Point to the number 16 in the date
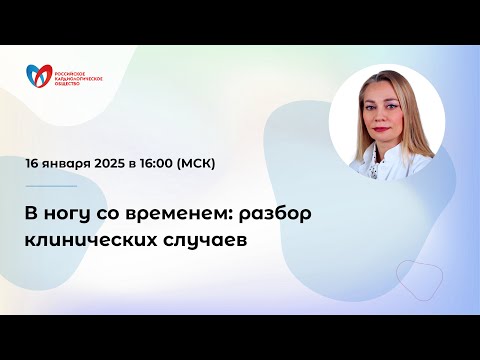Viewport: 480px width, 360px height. (34, 163)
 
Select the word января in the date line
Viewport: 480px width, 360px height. (70, 163)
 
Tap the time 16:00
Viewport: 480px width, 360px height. (169, 163)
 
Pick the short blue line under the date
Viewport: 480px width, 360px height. (51, 185)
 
